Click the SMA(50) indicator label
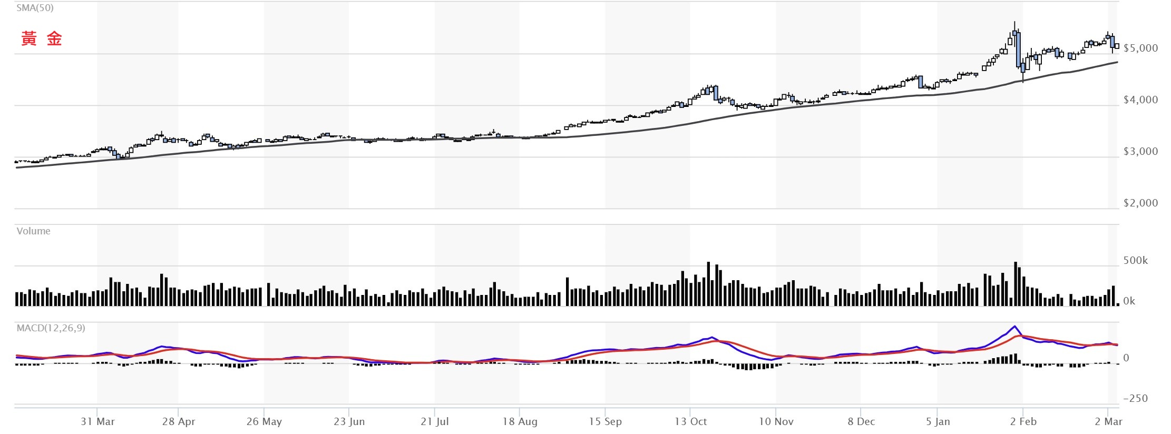pos(35,8)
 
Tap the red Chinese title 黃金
pos(42,38)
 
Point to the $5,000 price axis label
pos(1140,48)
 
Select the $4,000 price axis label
pos(1140,100)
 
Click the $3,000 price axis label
pos(1140,151)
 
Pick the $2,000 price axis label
pos(1140,203)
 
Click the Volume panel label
pos(33,231)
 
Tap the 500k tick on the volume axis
pos(1135,260)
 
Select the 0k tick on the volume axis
pos(1129,301)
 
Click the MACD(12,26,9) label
pos(51,328)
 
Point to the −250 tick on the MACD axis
pos(1135,398)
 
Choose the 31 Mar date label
pos(97,421)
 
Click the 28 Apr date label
pos(179,421)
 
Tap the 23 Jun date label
pos(349,421)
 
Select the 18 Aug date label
pos(520,421)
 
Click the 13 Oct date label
pos(690,421)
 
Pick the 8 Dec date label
pos(861,421)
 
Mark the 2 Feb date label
pos(1023,421)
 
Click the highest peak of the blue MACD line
pos(1014,326)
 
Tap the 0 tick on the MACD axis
pos(1126,358)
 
